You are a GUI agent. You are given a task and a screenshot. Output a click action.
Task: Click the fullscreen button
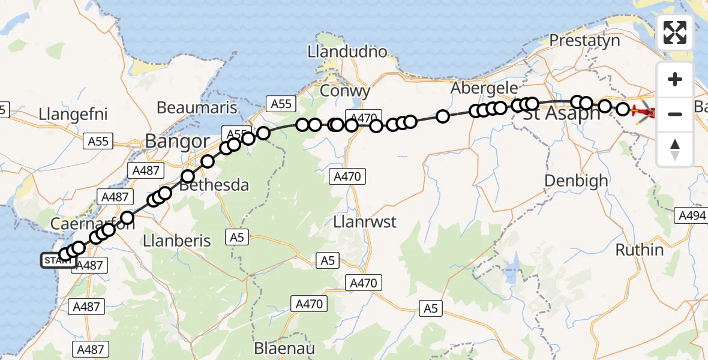tap(675, 32)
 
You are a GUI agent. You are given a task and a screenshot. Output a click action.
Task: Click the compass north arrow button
tap(675, 149)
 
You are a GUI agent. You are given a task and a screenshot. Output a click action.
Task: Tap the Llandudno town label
tap(347, 52)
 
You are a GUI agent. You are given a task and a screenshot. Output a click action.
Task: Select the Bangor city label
tap(177, 142)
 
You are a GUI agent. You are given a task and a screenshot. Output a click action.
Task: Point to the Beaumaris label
tap(194, 107)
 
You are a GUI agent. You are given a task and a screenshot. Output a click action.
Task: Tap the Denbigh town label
tap(576, 180)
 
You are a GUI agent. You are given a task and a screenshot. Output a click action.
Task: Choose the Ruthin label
tap(641, 250)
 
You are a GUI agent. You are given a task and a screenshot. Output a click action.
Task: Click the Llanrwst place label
tap(364, 222)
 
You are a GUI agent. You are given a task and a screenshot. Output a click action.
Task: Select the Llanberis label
tap(178, 241)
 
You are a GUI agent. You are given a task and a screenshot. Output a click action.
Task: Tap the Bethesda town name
tap(214, 185)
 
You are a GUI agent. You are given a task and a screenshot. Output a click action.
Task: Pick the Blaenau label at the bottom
tap(284, 348)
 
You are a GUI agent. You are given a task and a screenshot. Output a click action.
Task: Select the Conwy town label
tap(345, 91)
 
